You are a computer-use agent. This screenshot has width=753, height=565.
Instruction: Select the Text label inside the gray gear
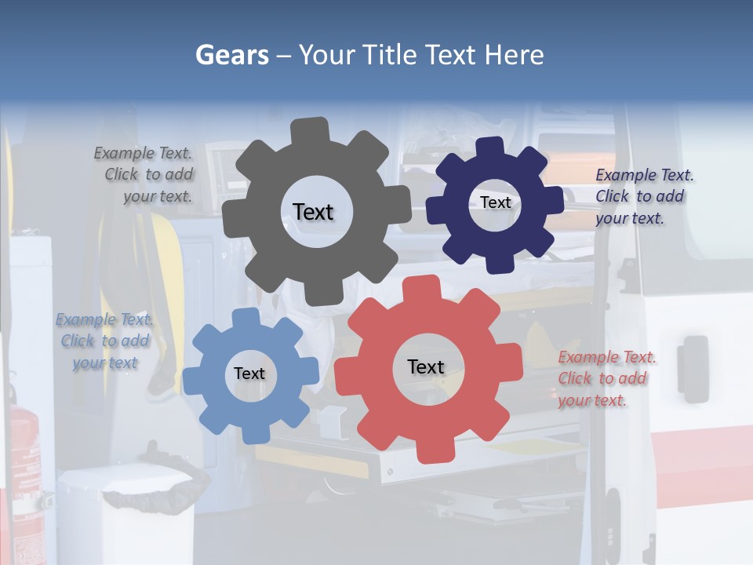tap(313, 212)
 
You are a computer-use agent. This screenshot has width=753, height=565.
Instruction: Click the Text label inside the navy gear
tap(495, 202)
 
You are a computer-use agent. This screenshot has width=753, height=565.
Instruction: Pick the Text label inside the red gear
tap(426, 366)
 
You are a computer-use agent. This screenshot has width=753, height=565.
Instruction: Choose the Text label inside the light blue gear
tap(249, 374)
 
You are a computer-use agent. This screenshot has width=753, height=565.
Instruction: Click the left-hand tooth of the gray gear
tap(233, 220)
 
